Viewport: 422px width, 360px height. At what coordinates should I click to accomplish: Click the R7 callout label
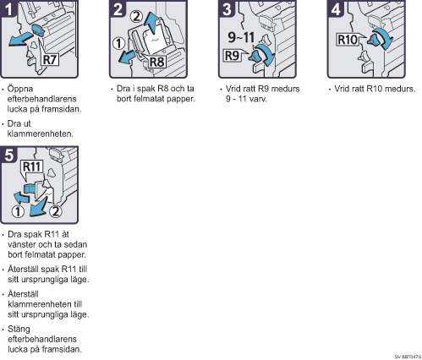tap(50, 60)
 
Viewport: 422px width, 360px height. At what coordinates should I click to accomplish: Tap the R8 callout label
tap(157, 62)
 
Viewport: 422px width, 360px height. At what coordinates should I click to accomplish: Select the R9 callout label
tap(232, 56)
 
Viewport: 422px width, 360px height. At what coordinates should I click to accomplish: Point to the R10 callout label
tap(348, 40)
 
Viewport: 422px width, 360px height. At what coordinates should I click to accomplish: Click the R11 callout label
tap(32, 166)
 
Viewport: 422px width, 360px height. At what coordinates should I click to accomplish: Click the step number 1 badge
tap(8, 8)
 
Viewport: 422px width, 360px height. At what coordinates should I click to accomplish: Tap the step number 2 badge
tap(118, 8)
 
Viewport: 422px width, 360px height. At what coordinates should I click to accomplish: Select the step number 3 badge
tap(227, 8)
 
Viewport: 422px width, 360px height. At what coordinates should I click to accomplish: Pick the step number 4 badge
tap(336, 8)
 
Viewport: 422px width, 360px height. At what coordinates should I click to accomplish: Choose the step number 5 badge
tap(8, 155)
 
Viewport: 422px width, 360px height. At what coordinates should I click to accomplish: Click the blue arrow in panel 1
tap(20, 39)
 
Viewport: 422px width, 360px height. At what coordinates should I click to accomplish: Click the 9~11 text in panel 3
tap(241, 37)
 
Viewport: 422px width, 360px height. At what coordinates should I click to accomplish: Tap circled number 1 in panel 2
tap(118, 43)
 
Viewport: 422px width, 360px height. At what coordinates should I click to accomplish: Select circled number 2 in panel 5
tap(56, 211)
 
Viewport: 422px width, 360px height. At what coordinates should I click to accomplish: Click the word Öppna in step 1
tap(20, 89)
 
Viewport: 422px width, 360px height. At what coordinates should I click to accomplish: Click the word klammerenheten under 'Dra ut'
tap(41, 134)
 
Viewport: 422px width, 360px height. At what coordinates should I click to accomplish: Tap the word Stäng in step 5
tap(19, 330)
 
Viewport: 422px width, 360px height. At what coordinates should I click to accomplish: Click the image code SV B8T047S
tap(408, 357)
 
